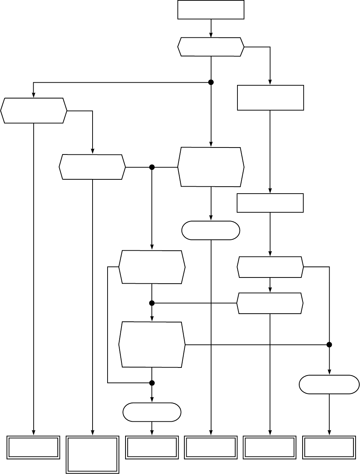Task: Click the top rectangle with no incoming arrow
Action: click(x=211, y=10)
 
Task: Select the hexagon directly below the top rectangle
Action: click(x=211, y=47)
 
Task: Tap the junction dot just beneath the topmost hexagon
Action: click(x=211, y=82)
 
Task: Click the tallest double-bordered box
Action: click(x=93, y=455)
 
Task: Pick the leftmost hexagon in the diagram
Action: click(x=34, y=111)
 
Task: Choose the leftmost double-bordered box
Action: click(x=34, y=448)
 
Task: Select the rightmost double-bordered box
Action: click(x=329, y=448)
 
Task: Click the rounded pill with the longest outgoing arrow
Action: click(x=211, y=231)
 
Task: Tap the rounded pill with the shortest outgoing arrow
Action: click(x=152, y=412)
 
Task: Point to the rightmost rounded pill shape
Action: click(x=329, y=384)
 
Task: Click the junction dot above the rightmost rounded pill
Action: click(x=329, y=345)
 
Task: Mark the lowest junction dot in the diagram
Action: click(x=152, y=383)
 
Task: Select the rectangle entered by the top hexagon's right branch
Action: click(x=270, y=98)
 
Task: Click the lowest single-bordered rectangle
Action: click(x=270, y=203)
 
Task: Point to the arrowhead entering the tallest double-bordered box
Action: click(x=93, y=433)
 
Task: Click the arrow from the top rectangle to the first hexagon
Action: click(x=211, y=28)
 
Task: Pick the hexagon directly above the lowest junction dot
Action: click(x=152, y=345)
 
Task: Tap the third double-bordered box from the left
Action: click(x=152, y=448)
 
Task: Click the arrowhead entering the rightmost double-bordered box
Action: click(x=329, y=433)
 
